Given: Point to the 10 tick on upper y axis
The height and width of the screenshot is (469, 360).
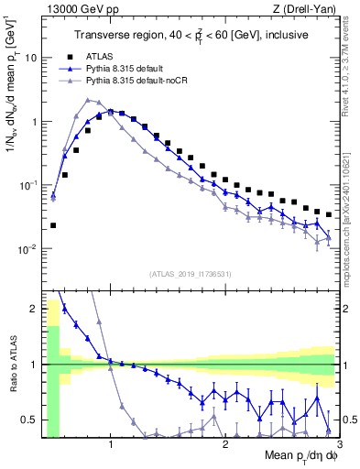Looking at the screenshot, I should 31,57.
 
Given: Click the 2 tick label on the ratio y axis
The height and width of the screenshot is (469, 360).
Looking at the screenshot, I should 34,309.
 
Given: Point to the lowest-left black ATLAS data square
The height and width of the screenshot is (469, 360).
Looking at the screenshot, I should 53,225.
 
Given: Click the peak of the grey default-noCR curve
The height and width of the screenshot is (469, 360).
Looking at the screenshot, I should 87,100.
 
